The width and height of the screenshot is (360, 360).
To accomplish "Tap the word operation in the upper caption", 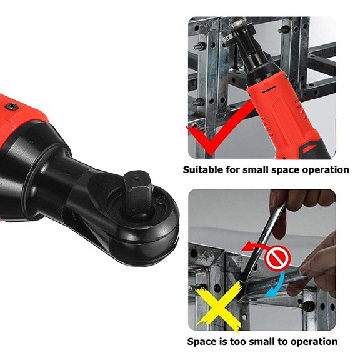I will pos(324,169).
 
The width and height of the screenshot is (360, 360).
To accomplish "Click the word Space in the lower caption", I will pos(202,342).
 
